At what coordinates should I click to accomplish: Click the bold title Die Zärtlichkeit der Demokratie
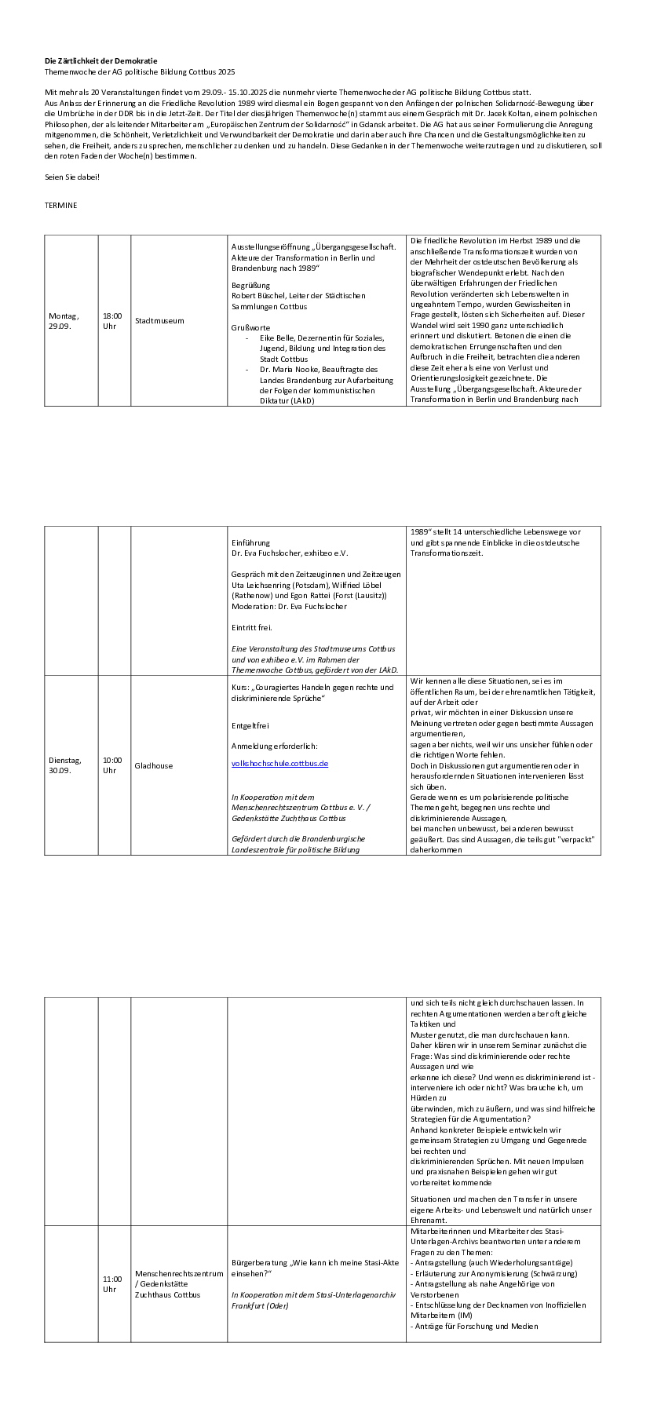100,60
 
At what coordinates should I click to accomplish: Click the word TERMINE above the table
60,205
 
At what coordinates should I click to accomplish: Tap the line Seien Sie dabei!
72,177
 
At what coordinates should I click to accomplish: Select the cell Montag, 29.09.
64,320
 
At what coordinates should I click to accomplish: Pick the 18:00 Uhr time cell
112,320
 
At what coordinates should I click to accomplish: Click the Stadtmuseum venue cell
159,320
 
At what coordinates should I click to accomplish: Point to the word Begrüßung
250,285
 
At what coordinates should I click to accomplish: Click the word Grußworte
250,327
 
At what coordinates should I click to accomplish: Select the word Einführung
250,542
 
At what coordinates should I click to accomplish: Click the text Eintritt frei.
251,627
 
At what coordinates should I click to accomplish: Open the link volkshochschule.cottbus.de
279,763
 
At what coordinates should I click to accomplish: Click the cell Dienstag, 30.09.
64,765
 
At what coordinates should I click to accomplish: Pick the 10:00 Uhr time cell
112,765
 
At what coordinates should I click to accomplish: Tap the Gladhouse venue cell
154,765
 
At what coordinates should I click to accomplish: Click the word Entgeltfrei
250,725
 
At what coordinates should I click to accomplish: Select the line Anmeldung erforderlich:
274,746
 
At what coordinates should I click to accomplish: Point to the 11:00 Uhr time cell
112,1283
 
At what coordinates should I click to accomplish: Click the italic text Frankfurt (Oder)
260,1305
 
